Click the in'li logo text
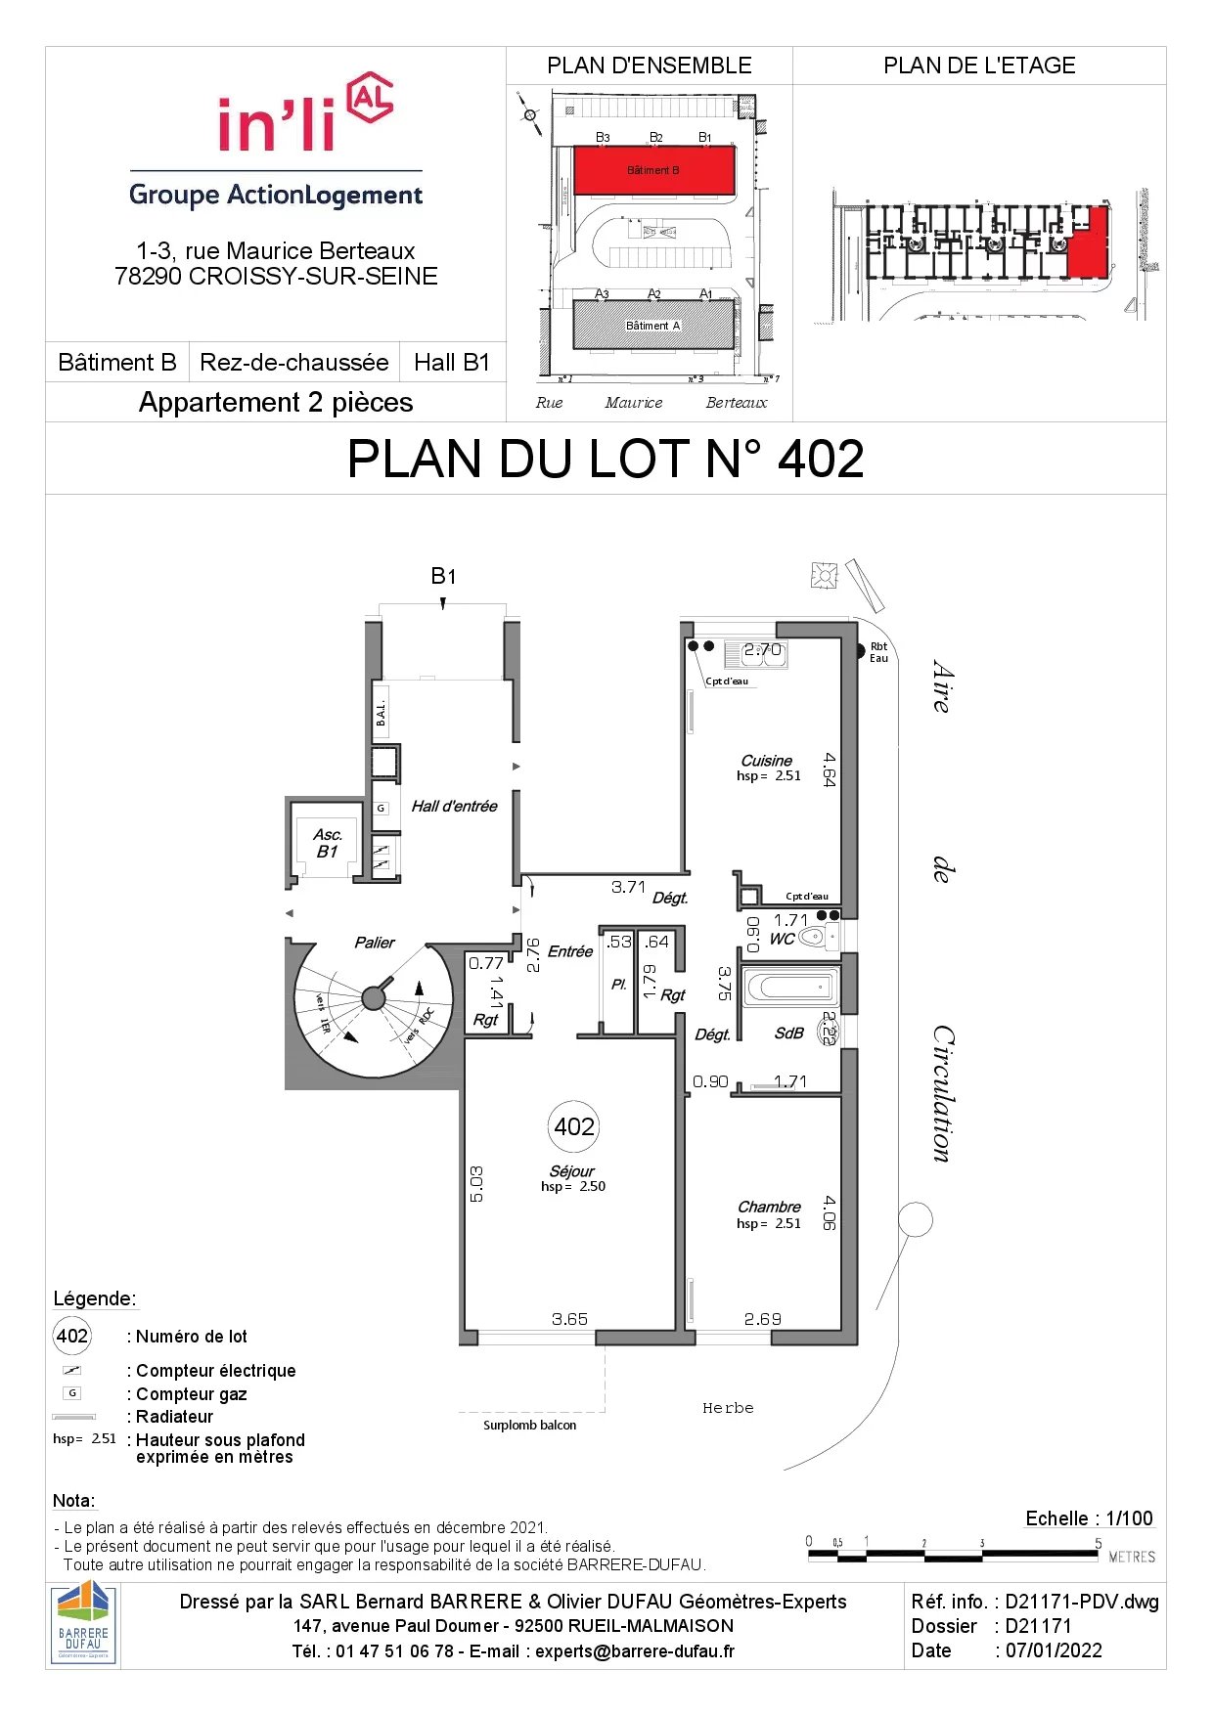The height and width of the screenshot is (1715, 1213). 277,125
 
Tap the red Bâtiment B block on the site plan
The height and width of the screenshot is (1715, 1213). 653,170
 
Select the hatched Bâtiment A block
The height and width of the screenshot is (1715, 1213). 653,325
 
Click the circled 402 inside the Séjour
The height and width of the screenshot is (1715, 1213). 574,1126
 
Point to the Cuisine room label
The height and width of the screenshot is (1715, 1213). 766,761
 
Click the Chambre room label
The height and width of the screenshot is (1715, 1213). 769,1207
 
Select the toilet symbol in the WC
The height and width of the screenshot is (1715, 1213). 813,937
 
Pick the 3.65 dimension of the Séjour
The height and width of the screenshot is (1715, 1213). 569,1319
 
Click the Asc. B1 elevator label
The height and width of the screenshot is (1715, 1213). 328,843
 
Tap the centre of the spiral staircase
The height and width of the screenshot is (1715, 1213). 374,997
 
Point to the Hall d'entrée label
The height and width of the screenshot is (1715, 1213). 454,806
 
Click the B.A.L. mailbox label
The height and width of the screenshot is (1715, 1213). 382,713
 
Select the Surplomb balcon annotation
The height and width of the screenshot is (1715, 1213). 529,1425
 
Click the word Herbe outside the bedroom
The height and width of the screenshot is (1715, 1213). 728,1408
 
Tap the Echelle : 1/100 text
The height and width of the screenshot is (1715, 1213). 1089,1518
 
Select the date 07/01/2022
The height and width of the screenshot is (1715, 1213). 1054,1650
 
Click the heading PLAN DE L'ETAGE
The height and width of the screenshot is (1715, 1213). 979,66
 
